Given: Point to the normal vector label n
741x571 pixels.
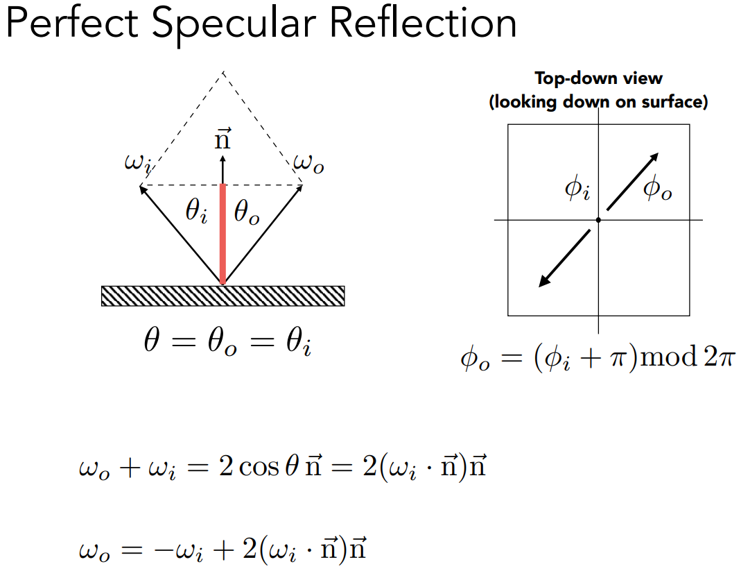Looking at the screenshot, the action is point(223,141).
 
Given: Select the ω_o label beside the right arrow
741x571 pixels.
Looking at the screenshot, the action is point(308,164).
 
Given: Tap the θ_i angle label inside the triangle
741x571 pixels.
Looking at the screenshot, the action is point(197,212).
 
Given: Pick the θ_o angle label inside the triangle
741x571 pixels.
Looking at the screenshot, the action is point(247,212).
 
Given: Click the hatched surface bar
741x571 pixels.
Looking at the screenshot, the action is point(223,296).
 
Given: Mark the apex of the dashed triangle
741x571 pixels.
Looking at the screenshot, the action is point(223,71).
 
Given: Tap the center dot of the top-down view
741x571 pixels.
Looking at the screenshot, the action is point(598,220).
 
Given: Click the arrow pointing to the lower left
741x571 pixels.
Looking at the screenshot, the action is point(564,257).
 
